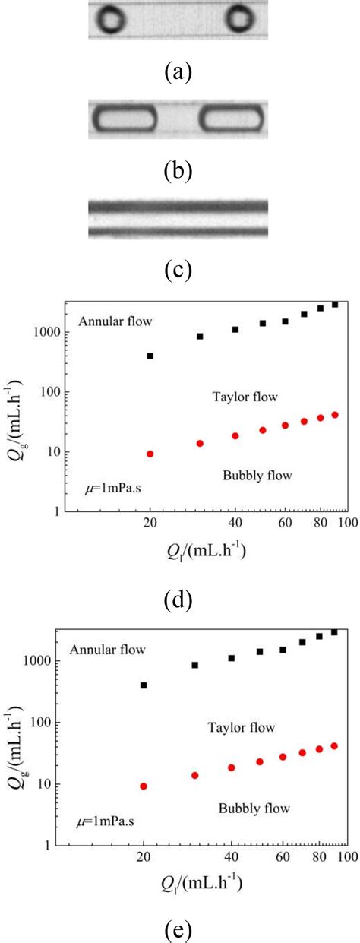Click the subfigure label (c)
point(179,269)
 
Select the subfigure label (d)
point(179,600)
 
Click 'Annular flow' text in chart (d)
point(115,321)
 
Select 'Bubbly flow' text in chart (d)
point(258,476)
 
